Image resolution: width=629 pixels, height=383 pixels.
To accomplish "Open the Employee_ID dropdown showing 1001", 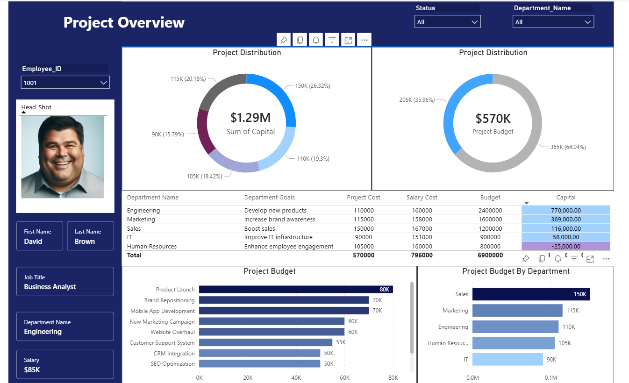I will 65,83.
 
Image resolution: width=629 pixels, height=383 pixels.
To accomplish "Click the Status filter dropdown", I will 447,22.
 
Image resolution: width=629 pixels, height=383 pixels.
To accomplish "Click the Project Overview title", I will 124,22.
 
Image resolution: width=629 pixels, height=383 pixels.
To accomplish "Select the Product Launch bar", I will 295,290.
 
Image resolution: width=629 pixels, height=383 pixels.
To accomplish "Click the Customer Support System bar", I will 265,342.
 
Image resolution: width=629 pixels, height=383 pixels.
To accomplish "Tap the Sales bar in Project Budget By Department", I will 531,294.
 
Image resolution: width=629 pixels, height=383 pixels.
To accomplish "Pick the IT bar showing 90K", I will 507,359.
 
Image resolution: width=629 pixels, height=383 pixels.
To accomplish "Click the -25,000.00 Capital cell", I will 565,246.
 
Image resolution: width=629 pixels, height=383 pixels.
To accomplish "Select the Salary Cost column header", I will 422,198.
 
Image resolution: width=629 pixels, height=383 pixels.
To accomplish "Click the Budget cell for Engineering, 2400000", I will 490,211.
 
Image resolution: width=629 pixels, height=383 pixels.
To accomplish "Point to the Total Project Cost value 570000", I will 363,255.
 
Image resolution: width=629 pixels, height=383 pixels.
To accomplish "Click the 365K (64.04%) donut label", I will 568,147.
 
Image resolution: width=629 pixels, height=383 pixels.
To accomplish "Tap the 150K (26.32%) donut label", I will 313,86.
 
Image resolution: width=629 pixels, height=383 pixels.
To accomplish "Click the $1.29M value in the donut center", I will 250,118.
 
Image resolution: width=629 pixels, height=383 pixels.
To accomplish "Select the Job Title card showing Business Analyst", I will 65,282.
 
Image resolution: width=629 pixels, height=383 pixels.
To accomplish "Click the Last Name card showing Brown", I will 90,236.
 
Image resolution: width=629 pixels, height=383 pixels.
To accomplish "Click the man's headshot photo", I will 63,157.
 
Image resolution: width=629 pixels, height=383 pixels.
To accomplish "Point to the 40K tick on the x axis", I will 296,377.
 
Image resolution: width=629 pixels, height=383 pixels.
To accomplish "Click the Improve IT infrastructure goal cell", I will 278,237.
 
